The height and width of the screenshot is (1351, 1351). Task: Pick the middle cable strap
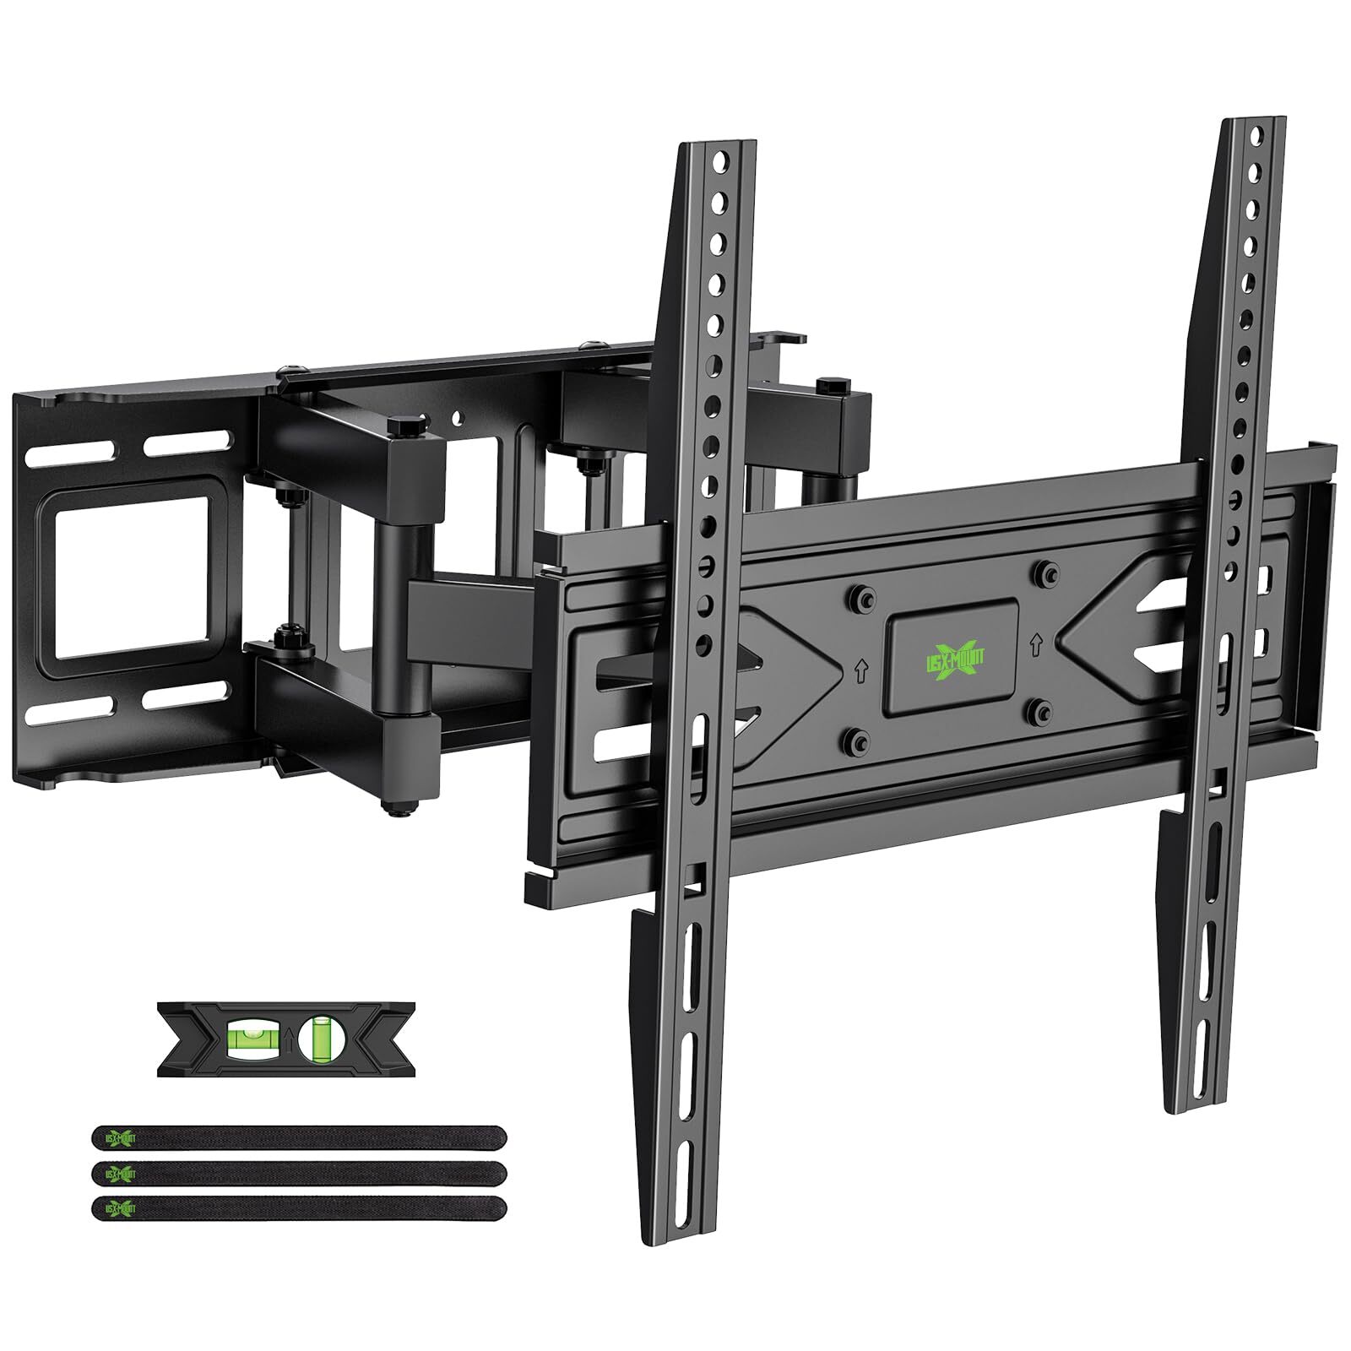click(299, 1174)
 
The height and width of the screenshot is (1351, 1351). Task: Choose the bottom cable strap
click(299, 1208)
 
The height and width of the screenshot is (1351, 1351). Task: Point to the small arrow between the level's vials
click(288, 1040)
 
